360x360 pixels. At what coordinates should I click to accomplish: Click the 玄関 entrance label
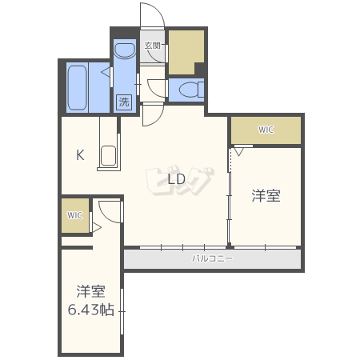coord(152,46)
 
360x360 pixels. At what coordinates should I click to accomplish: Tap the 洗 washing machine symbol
coord(124,102)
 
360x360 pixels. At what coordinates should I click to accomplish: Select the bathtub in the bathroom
coord(78,87)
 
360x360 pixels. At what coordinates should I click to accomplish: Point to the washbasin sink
coord(125,50)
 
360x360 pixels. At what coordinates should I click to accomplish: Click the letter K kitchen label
coord(80,154)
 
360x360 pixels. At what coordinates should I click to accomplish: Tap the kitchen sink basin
coord(108,155)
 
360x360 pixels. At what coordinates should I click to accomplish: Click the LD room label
coord(177,179)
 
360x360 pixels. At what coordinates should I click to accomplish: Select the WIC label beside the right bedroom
coord(266,130)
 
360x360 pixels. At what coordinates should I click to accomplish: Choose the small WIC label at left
coord(74,215)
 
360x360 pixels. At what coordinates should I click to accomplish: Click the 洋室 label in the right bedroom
coord(266,196)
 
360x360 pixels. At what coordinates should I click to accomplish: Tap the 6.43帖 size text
coord(91,310)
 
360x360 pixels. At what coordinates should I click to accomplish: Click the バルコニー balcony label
coord(213,258)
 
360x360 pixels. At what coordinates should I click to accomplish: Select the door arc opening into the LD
coord(158,120)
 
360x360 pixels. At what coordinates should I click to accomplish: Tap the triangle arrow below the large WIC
coord(238,151)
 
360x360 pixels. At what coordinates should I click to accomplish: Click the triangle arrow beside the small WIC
coord(97,228)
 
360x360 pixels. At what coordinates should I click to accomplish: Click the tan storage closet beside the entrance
coord(186,52)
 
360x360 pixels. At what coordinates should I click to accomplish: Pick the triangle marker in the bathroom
coord(106,72)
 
